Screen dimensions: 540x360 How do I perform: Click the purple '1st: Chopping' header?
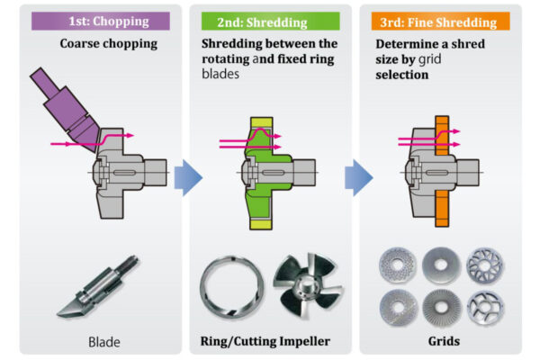pos(101,21)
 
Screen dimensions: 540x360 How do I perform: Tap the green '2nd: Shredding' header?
pos(270,22)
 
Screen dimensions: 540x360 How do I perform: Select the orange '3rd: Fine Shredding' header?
pos(440,22)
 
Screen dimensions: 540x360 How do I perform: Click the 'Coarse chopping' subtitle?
pos(109,44)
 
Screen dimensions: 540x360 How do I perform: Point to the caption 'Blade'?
pos(104,342)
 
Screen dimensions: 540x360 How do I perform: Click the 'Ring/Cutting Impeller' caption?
pos(265,341)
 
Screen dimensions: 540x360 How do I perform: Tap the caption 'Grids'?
pos(444,341)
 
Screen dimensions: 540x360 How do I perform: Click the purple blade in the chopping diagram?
pos(66,109)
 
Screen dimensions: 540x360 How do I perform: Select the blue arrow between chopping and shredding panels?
pos(188,178)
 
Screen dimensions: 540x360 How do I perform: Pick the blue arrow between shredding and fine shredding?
pos(359,178)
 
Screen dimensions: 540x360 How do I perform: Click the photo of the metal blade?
pos(97,287)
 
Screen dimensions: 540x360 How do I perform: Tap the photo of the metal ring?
pos(232,287)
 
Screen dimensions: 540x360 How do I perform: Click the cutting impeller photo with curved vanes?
pos(308,285)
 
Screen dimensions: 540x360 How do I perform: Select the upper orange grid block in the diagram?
pos(442,135)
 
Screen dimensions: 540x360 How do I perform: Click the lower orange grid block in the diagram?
pos(442,209)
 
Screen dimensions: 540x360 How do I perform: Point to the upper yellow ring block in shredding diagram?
pos(261,122)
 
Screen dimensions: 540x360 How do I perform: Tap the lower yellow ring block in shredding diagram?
pos(261,224)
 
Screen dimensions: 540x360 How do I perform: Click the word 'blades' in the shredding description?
pos(220,74)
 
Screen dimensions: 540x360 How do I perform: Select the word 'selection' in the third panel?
pos(402,75)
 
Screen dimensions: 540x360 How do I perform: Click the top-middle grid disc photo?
pos(441,265)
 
